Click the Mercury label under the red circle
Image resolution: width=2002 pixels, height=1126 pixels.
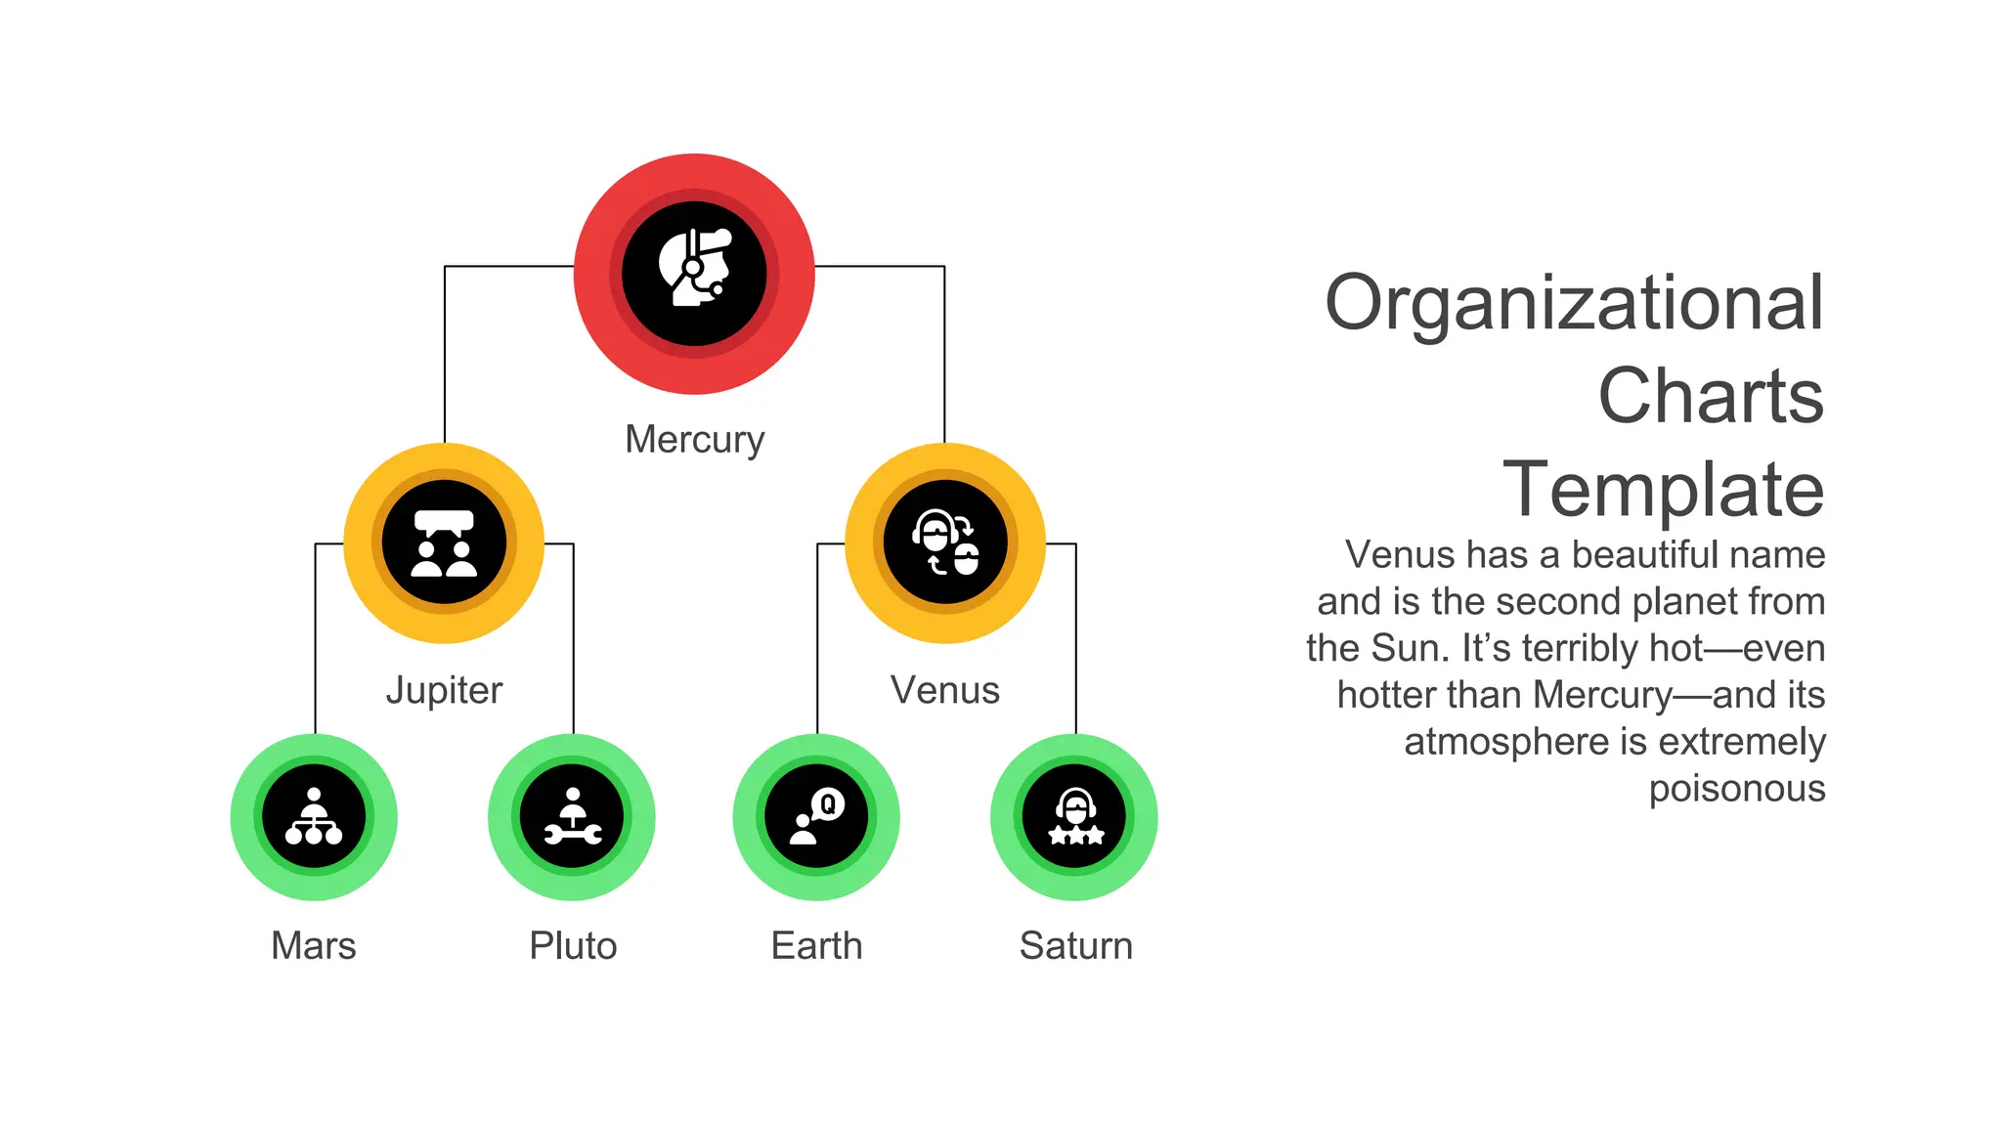tap(694, 440)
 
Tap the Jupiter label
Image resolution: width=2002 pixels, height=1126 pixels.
tap(444, 690)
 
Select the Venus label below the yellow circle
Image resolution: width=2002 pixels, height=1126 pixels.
tap(944, 690)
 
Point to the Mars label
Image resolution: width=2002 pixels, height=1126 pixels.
tap(313, 946)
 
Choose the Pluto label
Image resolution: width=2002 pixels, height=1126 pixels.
tap(573, 946)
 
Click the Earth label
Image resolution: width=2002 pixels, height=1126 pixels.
tap(816, 946)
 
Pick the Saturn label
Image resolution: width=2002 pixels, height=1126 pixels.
tap(1075, 946)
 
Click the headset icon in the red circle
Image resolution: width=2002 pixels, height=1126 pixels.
tap(694, 272)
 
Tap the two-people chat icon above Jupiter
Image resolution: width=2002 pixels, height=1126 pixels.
tap(444, 543)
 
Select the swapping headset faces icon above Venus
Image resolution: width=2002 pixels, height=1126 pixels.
tap(944, 543)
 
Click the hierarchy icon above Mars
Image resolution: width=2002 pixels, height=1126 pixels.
tap(313, 817)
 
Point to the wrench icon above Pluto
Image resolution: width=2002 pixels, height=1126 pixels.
tap(573, 817)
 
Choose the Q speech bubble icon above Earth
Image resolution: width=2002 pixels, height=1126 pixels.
tap(816, 817)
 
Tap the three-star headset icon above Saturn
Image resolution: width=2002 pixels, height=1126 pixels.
tap(1075, 817)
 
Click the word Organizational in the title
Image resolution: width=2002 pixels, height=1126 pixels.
tap(1574, 303)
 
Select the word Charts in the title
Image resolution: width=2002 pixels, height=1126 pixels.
tap(1711, 396)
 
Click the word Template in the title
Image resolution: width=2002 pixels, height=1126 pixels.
tap(1663, 489)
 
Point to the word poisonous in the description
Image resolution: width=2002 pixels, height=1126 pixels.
tap(1737, 788)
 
